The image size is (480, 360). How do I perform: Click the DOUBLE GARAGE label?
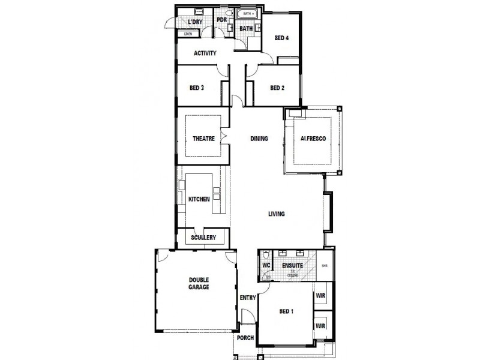click(199, 284)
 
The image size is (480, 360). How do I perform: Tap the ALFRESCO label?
click(313, 139)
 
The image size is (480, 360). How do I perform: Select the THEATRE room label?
click(203, 139)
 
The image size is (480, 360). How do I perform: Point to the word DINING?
click(259, 139)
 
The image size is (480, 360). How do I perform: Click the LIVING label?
click(276, 214)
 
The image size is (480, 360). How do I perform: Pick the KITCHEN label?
click(199, 199)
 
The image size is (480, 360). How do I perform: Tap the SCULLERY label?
click(203, 238)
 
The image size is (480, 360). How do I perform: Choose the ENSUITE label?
click(292, 265)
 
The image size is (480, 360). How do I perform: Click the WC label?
click(266, 264)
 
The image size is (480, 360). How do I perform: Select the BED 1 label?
click(286, 311)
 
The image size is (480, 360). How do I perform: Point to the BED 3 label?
click(197, 88)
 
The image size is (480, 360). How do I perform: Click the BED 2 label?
click(277, 88)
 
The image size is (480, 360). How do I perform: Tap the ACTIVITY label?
click(205, 53)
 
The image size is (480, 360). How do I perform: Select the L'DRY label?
click(195, 22)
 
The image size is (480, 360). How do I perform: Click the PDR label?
click(221, 20)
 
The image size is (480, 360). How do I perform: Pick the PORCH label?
click(245, 338)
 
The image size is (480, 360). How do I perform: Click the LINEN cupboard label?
click(188, 34)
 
